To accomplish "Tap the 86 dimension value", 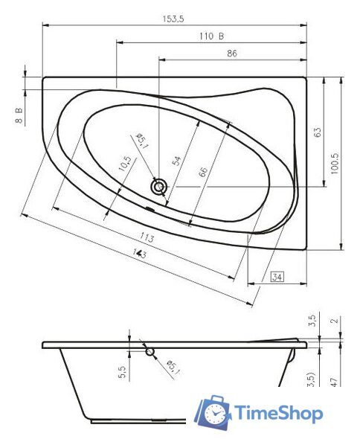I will pyautogui.click(x=232, y=53).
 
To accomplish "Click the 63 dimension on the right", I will pyautogui.click(x=318, y=132).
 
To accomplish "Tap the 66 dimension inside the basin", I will pyautogui.click(x=203, y=172).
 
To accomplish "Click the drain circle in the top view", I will pyautogui.click(x=158, y=187).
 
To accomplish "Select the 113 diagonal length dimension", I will pyautogui.click(x=147, y=237).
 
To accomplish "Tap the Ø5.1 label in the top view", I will pyautogui.click(x=142, y=141).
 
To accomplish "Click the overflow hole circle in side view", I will pyautogui.click(x=150, y=350).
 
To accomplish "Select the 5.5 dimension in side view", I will pyautogui.click(x=122, y=370).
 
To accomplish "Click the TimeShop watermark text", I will pyautogui.click(x=278, y=413).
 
